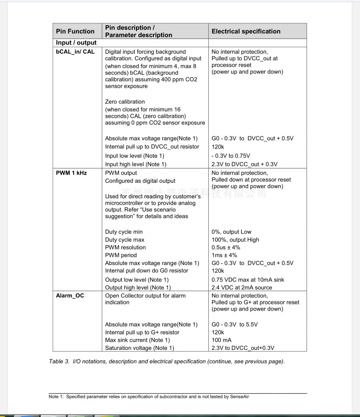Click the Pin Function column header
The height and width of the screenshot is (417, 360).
75,31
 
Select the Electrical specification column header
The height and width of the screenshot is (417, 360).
246,31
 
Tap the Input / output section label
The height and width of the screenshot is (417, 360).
76,43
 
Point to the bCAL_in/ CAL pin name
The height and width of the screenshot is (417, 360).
75,52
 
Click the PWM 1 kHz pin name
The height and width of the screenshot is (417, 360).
71,173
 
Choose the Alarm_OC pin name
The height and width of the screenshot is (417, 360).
70,296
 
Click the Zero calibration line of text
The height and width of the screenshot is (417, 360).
125,102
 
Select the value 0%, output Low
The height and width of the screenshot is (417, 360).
231,232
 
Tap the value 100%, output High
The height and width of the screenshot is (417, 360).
235,240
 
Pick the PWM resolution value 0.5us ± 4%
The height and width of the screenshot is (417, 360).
226,248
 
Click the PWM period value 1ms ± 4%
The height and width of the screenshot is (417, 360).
223,255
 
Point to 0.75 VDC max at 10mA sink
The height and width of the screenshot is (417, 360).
248,280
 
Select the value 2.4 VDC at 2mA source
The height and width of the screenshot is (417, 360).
242,288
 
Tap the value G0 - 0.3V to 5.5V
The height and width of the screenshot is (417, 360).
238,325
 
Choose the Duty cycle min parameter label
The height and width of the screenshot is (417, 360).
123,232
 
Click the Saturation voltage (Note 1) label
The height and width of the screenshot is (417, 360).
139,348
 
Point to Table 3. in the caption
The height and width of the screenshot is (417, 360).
59,362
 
